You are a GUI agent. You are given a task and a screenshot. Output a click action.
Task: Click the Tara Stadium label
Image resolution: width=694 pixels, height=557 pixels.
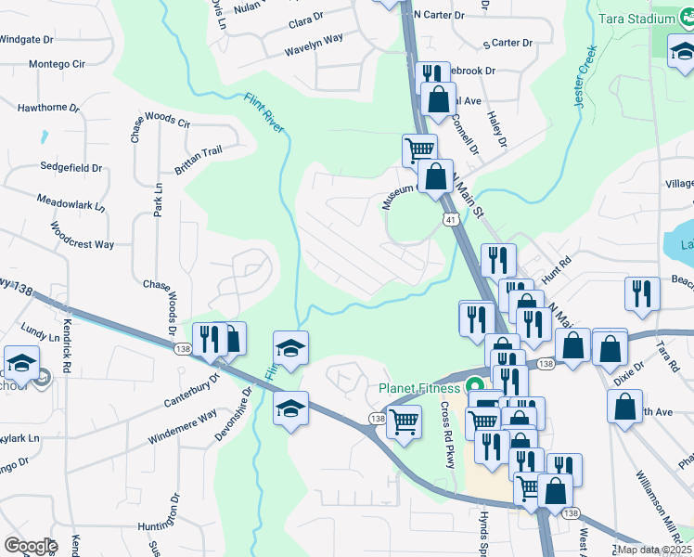(x=649, y=19)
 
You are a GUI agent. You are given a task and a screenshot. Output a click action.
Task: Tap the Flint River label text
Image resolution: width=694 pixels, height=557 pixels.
(x=264, y=112)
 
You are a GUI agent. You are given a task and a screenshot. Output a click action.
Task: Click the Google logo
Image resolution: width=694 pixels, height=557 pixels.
(x=30, y=545)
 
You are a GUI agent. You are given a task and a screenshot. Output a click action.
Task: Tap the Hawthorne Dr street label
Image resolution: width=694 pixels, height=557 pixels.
(x=48, y=108)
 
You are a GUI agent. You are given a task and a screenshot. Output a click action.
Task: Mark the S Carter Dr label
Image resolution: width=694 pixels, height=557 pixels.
(x=508, y=43)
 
